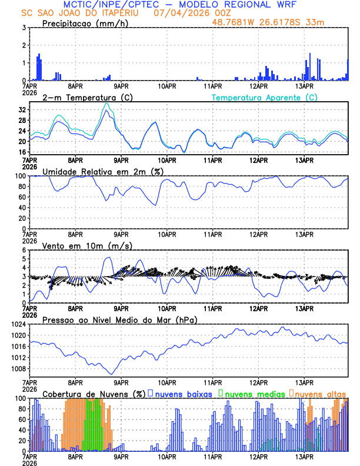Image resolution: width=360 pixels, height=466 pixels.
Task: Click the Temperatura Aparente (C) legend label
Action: (x=265, y=97)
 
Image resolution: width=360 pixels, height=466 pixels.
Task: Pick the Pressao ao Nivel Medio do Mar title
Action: (x=119, y=319)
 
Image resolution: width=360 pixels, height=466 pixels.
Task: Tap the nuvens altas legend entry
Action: (x=320, y=393)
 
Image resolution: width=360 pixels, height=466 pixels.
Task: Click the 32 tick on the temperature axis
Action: (x=22, y=110)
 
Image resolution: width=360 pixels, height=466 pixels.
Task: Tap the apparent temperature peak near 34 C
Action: (x=106, y=104)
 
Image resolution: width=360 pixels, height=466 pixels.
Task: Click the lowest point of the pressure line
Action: (x=111, y=374)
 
